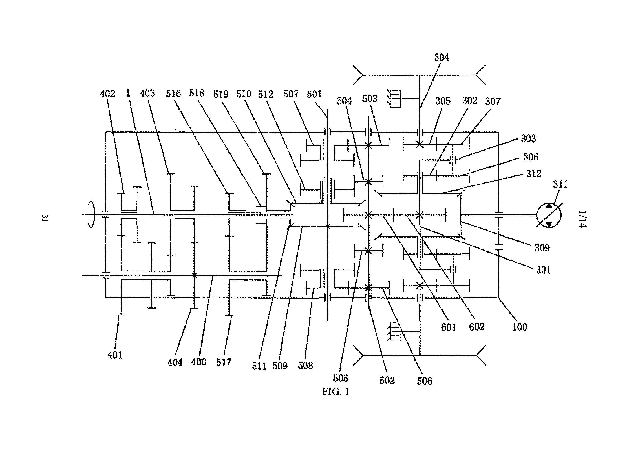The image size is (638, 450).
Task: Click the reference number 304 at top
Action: click(x=441, y=58)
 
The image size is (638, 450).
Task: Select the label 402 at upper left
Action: click(x=108, y=94)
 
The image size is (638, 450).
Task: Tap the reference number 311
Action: click(x=560, y=184)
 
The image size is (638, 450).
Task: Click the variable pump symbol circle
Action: click(x=549, y=215)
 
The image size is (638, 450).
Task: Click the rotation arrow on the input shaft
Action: click(x=92, y=215)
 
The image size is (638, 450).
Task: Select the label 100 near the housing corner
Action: click(x=520, y=327)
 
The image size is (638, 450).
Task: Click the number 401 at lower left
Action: click(x=115, y=355)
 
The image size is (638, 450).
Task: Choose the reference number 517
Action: click(x=224, y=362)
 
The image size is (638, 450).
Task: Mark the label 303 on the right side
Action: click(x=528, y=139)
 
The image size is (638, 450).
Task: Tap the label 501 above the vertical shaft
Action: click(x=314, y=94)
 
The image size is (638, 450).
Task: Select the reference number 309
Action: click(x=542, y=248)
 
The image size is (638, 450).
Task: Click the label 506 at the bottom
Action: click(x=424, y=381)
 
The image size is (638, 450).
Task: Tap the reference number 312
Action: click(x=533, y=174)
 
